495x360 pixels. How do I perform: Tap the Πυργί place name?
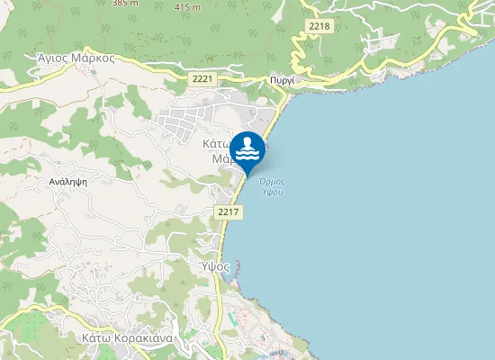tap(283, 81)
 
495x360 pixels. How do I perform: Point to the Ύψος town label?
tap(216, 266)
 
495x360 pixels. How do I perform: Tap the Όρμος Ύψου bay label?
tap(266, 185)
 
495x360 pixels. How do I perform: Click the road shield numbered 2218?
tap(319, 26)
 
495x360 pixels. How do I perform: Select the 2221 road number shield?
tap(202, 80)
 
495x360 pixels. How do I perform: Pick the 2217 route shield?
tap(228, 211)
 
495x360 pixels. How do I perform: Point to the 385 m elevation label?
tap(126, 4)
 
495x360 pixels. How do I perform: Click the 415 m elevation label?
tap(187, 7)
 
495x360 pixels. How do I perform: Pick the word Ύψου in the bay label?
tap(266, 191)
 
